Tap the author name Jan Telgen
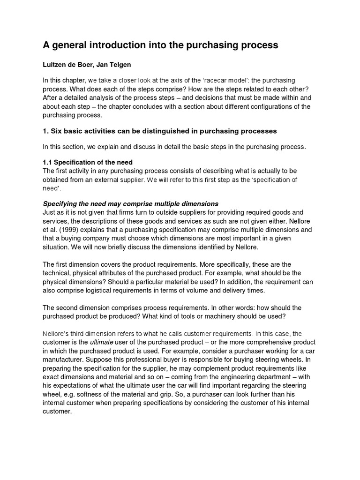point(120,65)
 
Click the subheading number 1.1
point(48,162)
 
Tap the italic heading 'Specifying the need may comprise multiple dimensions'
point(131,204)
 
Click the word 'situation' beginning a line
point(57,247)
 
